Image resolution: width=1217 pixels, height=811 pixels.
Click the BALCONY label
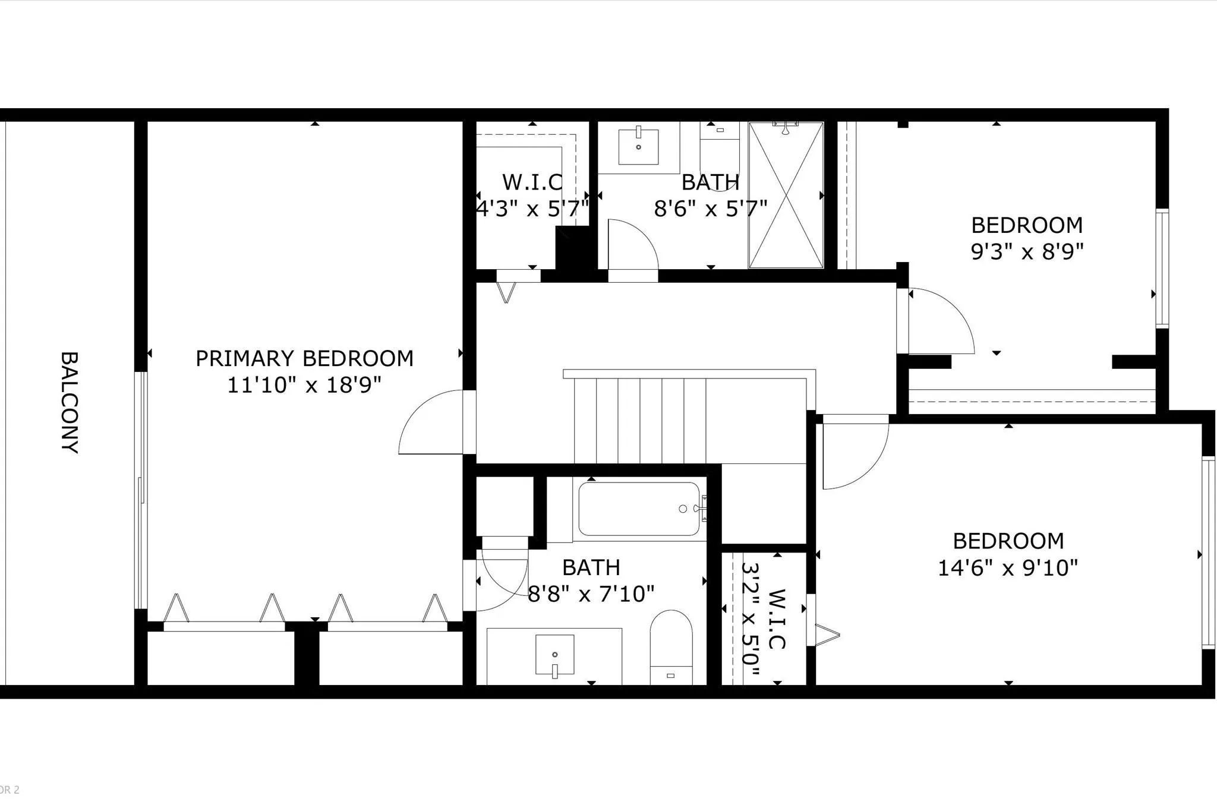click(x=70, y=402)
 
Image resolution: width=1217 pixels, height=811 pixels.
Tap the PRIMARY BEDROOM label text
click(x=304, y=358)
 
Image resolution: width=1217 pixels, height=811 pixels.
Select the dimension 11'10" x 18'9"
click(x=304, y=385)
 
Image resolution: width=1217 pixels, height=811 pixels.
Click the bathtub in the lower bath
click(x=639, y=509)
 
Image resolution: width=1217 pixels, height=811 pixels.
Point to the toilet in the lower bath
click(x=671, y=647)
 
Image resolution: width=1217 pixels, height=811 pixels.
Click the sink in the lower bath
click(x=555, y=655)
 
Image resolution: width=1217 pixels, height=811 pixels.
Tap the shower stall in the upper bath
click(x=786, y=195)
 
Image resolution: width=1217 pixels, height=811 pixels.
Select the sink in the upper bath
click(x=638, y=146)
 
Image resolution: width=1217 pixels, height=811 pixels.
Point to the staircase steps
click(x=640, y=420)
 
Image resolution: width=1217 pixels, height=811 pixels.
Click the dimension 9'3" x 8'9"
click(x=1027, y=252)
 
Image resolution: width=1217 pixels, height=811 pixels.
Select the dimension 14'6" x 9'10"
click(x=1008, y=568)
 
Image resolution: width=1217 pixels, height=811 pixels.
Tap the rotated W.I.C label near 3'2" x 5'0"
click(x=777, y=619)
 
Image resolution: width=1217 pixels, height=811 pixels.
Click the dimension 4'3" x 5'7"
click(x=532, y=209)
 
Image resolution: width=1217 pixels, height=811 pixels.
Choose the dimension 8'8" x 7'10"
click(x=591, y=594)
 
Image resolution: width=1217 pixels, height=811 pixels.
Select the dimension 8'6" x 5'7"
click(x=711, y=209)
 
